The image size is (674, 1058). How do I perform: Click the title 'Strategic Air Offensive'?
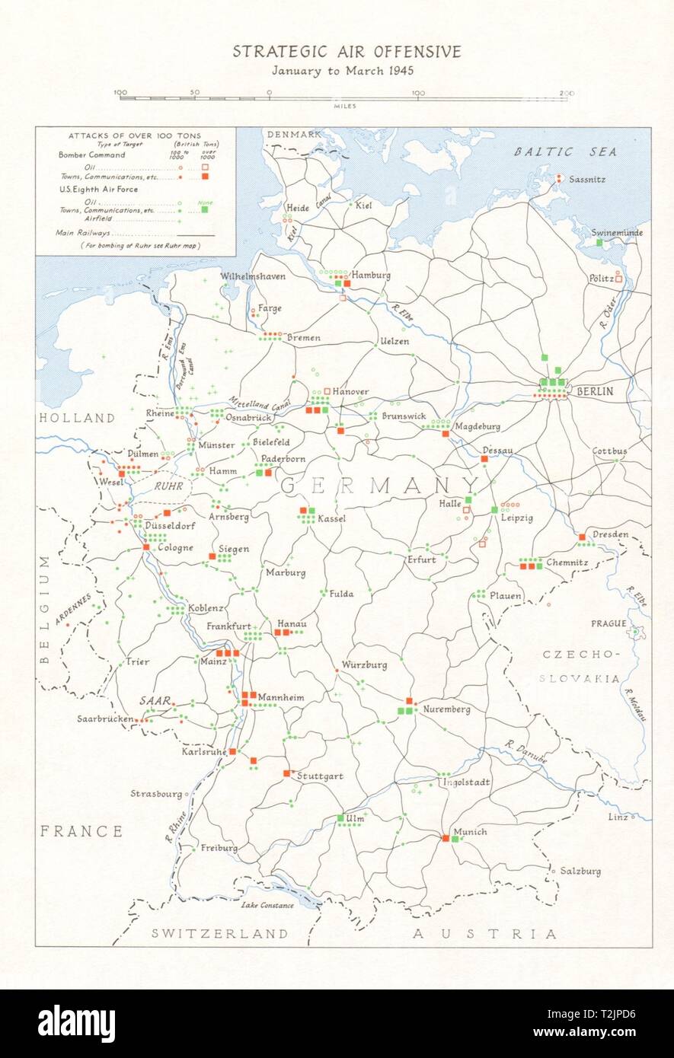click(x=347, y=52)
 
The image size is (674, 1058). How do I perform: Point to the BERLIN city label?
click(x=595, y=391)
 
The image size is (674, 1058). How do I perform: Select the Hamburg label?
click(x=372, y=275)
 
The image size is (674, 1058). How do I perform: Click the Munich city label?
click(x=469, y=832)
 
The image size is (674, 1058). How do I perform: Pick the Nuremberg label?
click(x=446, y=709)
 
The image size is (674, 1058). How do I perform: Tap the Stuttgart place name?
click(x=320, y=776)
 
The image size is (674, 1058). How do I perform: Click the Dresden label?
click(x=610, y=534)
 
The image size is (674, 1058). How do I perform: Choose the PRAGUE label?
click(x=609, y=623)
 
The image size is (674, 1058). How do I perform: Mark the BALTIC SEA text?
click(x=565, y=151)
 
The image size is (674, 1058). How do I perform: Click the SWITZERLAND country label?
click(x=219, y=933)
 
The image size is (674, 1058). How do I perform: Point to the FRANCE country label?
click(x=81, y=830)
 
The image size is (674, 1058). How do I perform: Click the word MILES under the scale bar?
click(x=345, y=106)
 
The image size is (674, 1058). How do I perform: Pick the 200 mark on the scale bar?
click(x=566, y=93)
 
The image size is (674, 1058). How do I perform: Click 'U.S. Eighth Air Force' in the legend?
click(x=98, y=189)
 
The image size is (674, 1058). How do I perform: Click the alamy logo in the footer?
click(x=76, y=1023)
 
